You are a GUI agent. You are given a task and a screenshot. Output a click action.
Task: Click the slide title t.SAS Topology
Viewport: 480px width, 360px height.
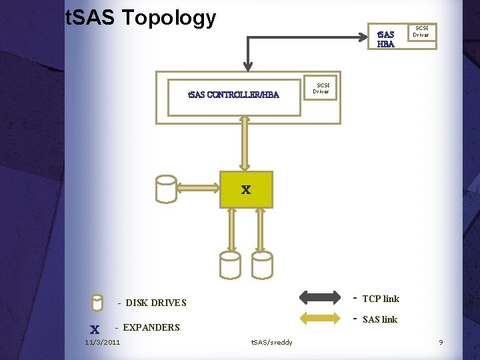(141, 18)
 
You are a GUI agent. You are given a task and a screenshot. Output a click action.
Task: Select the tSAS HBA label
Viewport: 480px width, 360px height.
(386, 39)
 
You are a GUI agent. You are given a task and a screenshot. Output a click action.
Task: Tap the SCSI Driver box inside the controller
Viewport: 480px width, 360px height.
(322, 87)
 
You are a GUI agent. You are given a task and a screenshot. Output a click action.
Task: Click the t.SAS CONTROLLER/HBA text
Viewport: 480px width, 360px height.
(233, 95)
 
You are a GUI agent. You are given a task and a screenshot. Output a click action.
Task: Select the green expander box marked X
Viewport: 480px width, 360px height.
(246, 190)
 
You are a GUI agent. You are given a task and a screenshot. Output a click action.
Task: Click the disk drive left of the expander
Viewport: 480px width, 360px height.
(166, 189)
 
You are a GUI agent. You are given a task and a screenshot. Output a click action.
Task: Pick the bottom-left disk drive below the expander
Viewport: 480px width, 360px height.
(230, 265)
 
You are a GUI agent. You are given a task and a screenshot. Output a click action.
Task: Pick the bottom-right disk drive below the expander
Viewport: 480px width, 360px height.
(262, 265)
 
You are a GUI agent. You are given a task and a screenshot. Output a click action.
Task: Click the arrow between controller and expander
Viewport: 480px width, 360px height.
(245, 143)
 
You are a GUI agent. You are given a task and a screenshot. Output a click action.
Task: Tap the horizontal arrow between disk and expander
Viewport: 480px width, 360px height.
(199, 188)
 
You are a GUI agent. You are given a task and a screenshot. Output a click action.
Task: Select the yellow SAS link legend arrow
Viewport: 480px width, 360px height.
(320, 319)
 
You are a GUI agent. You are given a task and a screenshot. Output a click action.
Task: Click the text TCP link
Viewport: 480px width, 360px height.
(380, 299)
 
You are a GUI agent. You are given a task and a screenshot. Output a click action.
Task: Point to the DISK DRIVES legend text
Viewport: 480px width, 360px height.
(156, 303)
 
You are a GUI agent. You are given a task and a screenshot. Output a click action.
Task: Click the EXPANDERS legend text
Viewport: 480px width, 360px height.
(151, 327)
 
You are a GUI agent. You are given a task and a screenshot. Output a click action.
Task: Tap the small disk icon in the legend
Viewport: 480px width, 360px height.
(97, 303)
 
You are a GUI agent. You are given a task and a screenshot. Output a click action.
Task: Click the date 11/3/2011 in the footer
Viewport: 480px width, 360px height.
(103, 343)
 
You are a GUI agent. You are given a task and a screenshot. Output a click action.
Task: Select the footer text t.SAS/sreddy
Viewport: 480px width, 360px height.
(271, 343)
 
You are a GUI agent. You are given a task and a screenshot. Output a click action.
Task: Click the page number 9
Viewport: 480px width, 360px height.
(441, 343)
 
